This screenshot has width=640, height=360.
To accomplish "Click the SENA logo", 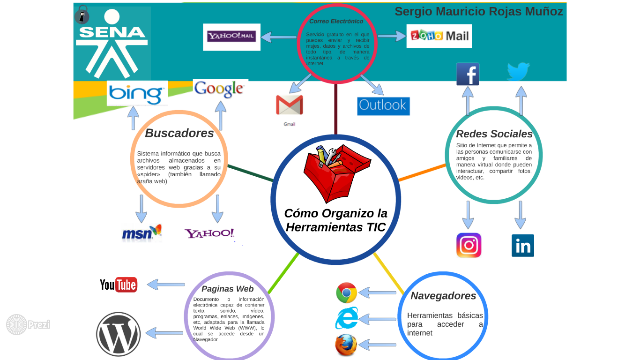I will coord(112,43).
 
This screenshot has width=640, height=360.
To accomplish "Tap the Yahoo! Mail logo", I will coord(231,37).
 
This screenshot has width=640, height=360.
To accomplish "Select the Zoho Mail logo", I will coord(439,36).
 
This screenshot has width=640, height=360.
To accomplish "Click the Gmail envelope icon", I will coord(289,105).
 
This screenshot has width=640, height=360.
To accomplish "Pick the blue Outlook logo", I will coord(383,106).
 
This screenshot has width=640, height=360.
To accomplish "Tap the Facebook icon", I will coord(468,74).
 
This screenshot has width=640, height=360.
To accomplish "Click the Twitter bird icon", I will coord(518,72).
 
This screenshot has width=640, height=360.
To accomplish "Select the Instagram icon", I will coord(469,245).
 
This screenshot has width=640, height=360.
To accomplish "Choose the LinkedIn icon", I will coord(522,246).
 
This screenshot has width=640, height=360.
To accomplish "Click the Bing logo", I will coord(137,93).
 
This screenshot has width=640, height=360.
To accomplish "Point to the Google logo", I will coord(220,89).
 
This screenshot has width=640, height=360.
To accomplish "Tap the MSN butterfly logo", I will coord(141,232).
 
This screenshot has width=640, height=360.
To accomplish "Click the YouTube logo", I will coord(119,285).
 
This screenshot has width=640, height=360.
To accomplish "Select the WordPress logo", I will coord(119,334).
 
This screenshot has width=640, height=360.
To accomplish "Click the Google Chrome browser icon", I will coord(346,293).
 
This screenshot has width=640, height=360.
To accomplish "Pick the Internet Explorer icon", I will coord(346,319).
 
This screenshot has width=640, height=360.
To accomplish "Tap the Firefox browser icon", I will coord(346,345).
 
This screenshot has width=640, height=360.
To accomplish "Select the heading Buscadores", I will coord(179,133).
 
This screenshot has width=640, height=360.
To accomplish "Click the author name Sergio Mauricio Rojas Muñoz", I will coord(478,12).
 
